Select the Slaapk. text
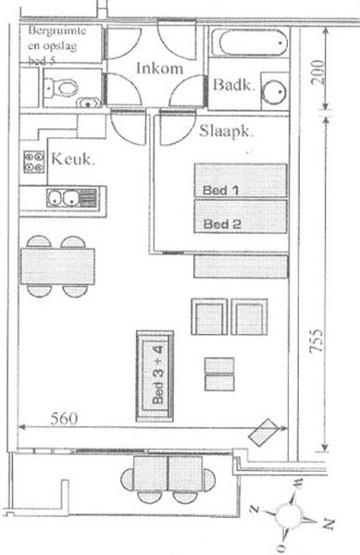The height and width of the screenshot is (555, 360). click(227, 131)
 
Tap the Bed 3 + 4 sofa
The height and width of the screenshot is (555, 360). click(155, 376)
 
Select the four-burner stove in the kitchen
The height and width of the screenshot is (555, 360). click(34, 163)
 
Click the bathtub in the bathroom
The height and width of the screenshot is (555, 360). click(249, 43)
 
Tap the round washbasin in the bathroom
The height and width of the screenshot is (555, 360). click(274, 93)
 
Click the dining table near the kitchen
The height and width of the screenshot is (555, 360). click(56, 265)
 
